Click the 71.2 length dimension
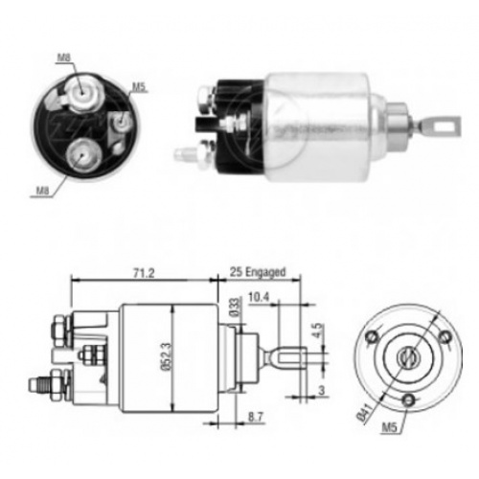[x=144, y=273]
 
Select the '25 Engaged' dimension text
[x=258, y=272]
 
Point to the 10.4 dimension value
[x=259, y=297]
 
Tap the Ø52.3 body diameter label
[x=168, y=356]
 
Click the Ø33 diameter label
[x=235, y=307]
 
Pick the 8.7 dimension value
[x=257, y=418]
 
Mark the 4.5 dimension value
[x=318, y=331]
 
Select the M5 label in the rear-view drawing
[x=390, y=427]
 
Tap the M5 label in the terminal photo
[x=139, y=87]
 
